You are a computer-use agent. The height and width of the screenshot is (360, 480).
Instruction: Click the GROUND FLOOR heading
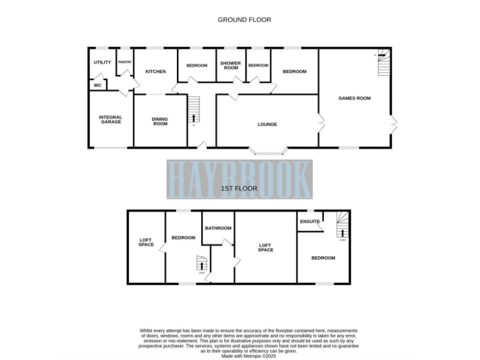click(x=244, y=20)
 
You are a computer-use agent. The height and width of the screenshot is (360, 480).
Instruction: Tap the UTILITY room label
click(x=102, y=62)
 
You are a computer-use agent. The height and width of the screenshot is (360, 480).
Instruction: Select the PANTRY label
click(x=125, y=62)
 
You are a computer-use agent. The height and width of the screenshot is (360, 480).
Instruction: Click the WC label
click(x=97, y=86)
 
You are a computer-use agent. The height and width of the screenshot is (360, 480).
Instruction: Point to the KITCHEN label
click(x=156, y=72)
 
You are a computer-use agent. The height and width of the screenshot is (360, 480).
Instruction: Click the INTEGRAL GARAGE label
click(x=110, y=119)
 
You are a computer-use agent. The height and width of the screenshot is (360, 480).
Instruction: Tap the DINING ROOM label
click(x=161, y=121)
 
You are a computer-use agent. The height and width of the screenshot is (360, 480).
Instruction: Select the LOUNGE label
click(x=267, y=124)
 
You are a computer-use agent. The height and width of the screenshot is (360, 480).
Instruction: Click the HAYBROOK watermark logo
click(x=239, y=179)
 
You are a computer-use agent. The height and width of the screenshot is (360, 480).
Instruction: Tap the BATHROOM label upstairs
click(x=218, y=228)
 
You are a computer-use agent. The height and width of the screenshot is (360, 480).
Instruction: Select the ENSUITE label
click(x=310, y=222)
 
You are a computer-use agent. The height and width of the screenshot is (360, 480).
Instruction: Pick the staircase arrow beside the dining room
click(x=193, y=117)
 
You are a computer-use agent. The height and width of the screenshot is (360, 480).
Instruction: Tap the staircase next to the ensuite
click(x=342, y=226)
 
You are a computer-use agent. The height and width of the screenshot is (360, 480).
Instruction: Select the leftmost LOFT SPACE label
click(x=146, y=242)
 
